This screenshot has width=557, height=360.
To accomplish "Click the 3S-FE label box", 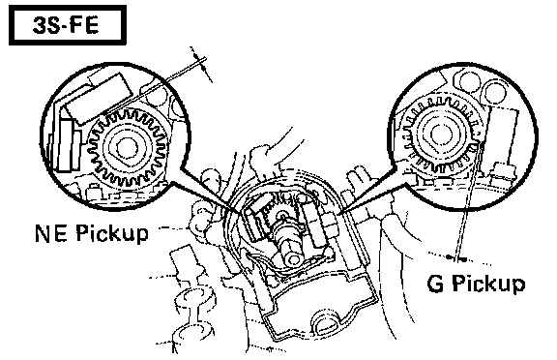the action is [68, 25].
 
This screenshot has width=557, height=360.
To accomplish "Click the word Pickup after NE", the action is [112, 234].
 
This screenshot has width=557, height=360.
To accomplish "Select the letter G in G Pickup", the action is [435, 284].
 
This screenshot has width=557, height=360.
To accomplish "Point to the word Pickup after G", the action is [488, 285].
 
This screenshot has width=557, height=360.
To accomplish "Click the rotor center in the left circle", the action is [126, 147].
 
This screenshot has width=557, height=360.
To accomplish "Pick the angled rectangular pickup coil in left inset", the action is [98, 99].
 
